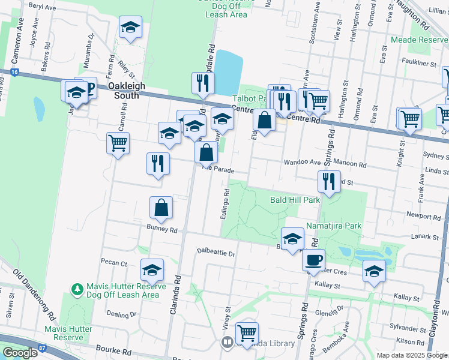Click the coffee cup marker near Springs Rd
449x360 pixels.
[313, 260]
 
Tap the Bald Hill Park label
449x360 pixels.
[295, 199]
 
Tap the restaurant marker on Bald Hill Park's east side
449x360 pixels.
[329, 181]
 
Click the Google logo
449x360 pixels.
[20, 353]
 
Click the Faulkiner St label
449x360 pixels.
[419, 63]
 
